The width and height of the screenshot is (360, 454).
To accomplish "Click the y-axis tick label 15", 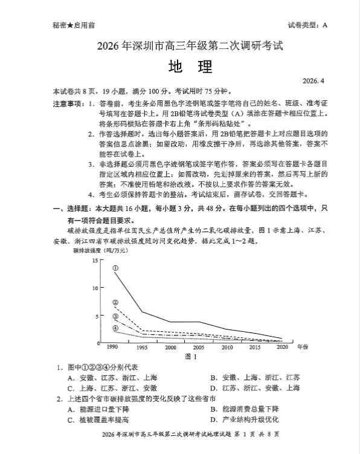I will click(x=94, y=261).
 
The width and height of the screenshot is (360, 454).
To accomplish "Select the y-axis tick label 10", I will click(x=94, y=288).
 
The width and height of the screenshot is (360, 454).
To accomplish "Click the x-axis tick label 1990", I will click(x=112, y=348).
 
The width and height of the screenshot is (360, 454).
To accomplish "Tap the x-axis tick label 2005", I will click(x=199, y=348).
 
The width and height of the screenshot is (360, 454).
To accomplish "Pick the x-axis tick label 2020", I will click(x=283, y=348).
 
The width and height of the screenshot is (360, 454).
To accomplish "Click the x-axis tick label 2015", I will click(x=255, y=348).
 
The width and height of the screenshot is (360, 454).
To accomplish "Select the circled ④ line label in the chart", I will click(x=115, y=328).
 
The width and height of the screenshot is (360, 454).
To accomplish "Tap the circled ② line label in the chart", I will click(x=115, y=302).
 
